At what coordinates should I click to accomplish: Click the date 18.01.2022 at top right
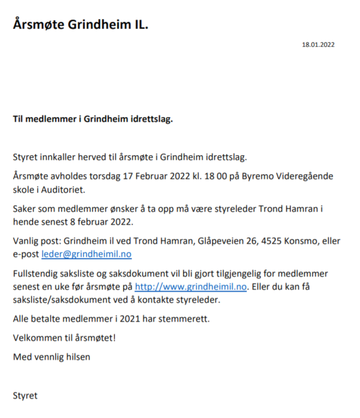point(318,45)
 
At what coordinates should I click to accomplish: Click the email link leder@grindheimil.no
point(86,254)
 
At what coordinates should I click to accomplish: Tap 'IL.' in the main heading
point(139,24)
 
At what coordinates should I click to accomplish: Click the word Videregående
point(302,177)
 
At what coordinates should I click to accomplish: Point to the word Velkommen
point(36,338)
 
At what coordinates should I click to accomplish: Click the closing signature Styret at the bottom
point(25,396)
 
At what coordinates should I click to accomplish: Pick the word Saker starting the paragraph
point(25,210)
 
